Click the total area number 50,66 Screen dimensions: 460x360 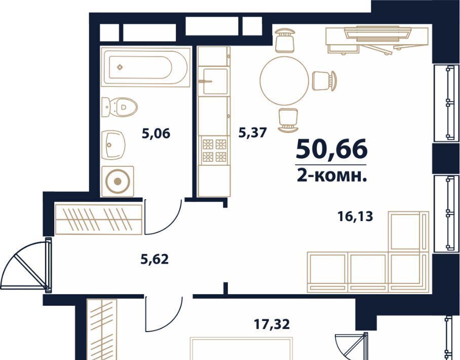(x=331, y=149)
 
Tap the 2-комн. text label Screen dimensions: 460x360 (x=332, y=176)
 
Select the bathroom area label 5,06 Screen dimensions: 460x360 (x=156, y=134)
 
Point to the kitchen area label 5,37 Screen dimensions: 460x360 (x=253, y=133)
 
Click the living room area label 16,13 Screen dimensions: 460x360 (x=355, y=217)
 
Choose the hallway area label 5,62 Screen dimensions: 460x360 (x=155, y=259)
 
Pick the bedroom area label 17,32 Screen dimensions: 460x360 (x=272, y=325)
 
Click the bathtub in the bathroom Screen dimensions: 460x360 (x=144, y=67)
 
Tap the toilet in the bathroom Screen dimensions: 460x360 (x=120, y=107)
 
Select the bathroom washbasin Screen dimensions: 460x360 (x=113, y=145)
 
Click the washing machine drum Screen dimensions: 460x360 (x=118, y=181)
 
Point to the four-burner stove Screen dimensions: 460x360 (x=213, y=150)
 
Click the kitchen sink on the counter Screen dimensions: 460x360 (x=213, y=81)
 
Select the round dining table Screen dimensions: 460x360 (x=284, y=81)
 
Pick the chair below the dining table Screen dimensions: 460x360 (x=288, y=120)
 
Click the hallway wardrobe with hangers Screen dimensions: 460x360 (x=99, y=220)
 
